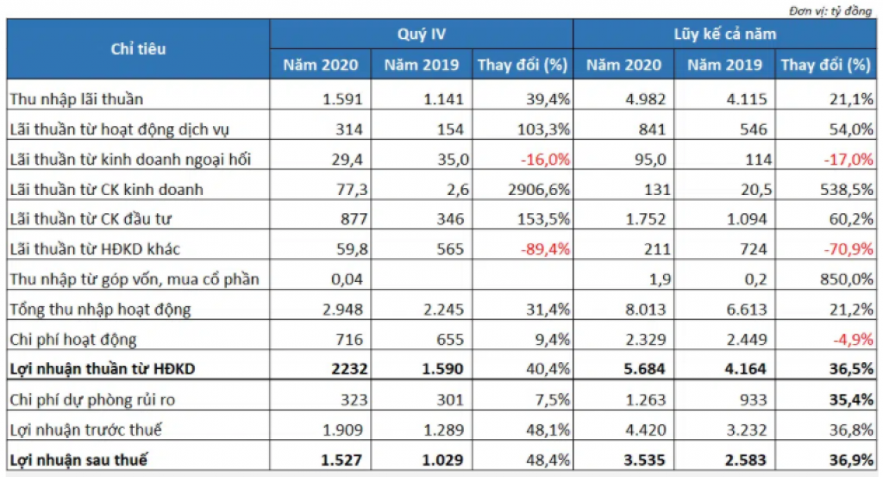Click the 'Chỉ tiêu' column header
[x=138, y=49]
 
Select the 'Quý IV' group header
[x=421, y=35]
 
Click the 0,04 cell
[x=354, y=279]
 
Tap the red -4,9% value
[x=850, y=339]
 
